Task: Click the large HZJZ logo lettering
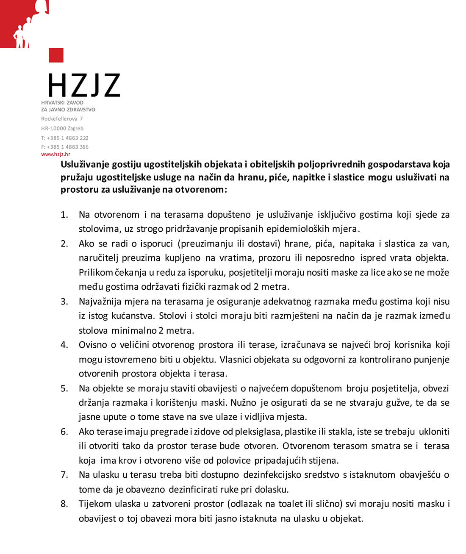click(x=84, y=85)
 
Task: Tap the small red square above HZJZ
click(x=56, y=55)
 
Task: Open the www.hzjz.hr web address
click(x=55, y=154)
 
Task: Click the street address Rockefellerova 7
click(x=62, y=119)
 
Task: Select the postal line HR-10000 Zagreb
click(x=62, y=128)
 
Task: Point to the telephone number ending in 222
click(x=65, y=138)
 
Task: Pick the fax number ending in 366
click(x=65, y=147)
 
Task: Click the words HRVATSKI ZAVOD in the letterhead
click(x=62, y=102)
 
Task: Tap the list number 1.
click(x=64, y=215)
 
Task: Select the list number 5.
click(x=64, y=388)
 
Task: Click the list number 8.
click(x=64, y=504)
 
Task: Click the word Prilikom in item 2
click(x=96, y=272)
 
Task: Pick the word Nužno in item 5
click(x=244, y=402)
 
